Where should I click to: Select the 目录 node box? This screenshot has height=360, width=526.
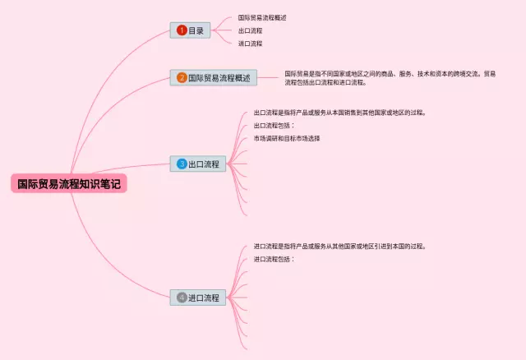click(191, 30)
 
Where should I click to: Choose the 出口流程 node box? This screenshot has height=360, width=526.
click(196, 164)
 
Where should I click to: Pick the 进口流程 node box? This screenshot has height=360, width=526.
click(197, 297)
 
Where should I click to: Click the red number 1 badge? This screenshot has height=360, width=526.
click(181, 30)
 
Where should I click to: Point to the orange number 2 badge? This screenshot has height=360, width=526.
click(182, 78)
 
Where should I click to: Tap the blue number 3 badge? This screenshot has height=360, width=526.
click(182, 164)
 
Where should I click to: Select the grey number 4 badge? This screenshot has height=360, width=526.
click(182, 297)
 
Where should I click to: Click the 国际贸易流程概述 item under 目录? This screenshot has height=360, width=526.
click(262, 17)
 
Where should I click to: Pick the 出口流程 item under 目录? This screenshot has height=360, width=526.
click(250, 30)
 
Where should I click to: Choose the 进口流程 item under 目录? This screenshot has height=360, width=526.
click(250, 44)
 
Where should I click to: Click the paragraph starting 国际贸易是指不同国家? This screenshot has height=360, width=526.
click(390, 77)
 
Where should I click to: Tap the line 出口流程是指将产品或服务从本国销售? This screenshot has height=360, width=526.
click(339, 113)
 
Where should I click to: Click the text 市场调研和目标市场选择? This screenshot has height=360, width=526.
click(286, 138)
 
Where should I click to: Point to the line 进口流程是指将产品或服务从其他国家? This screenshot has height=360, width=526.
click(339, 246)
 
